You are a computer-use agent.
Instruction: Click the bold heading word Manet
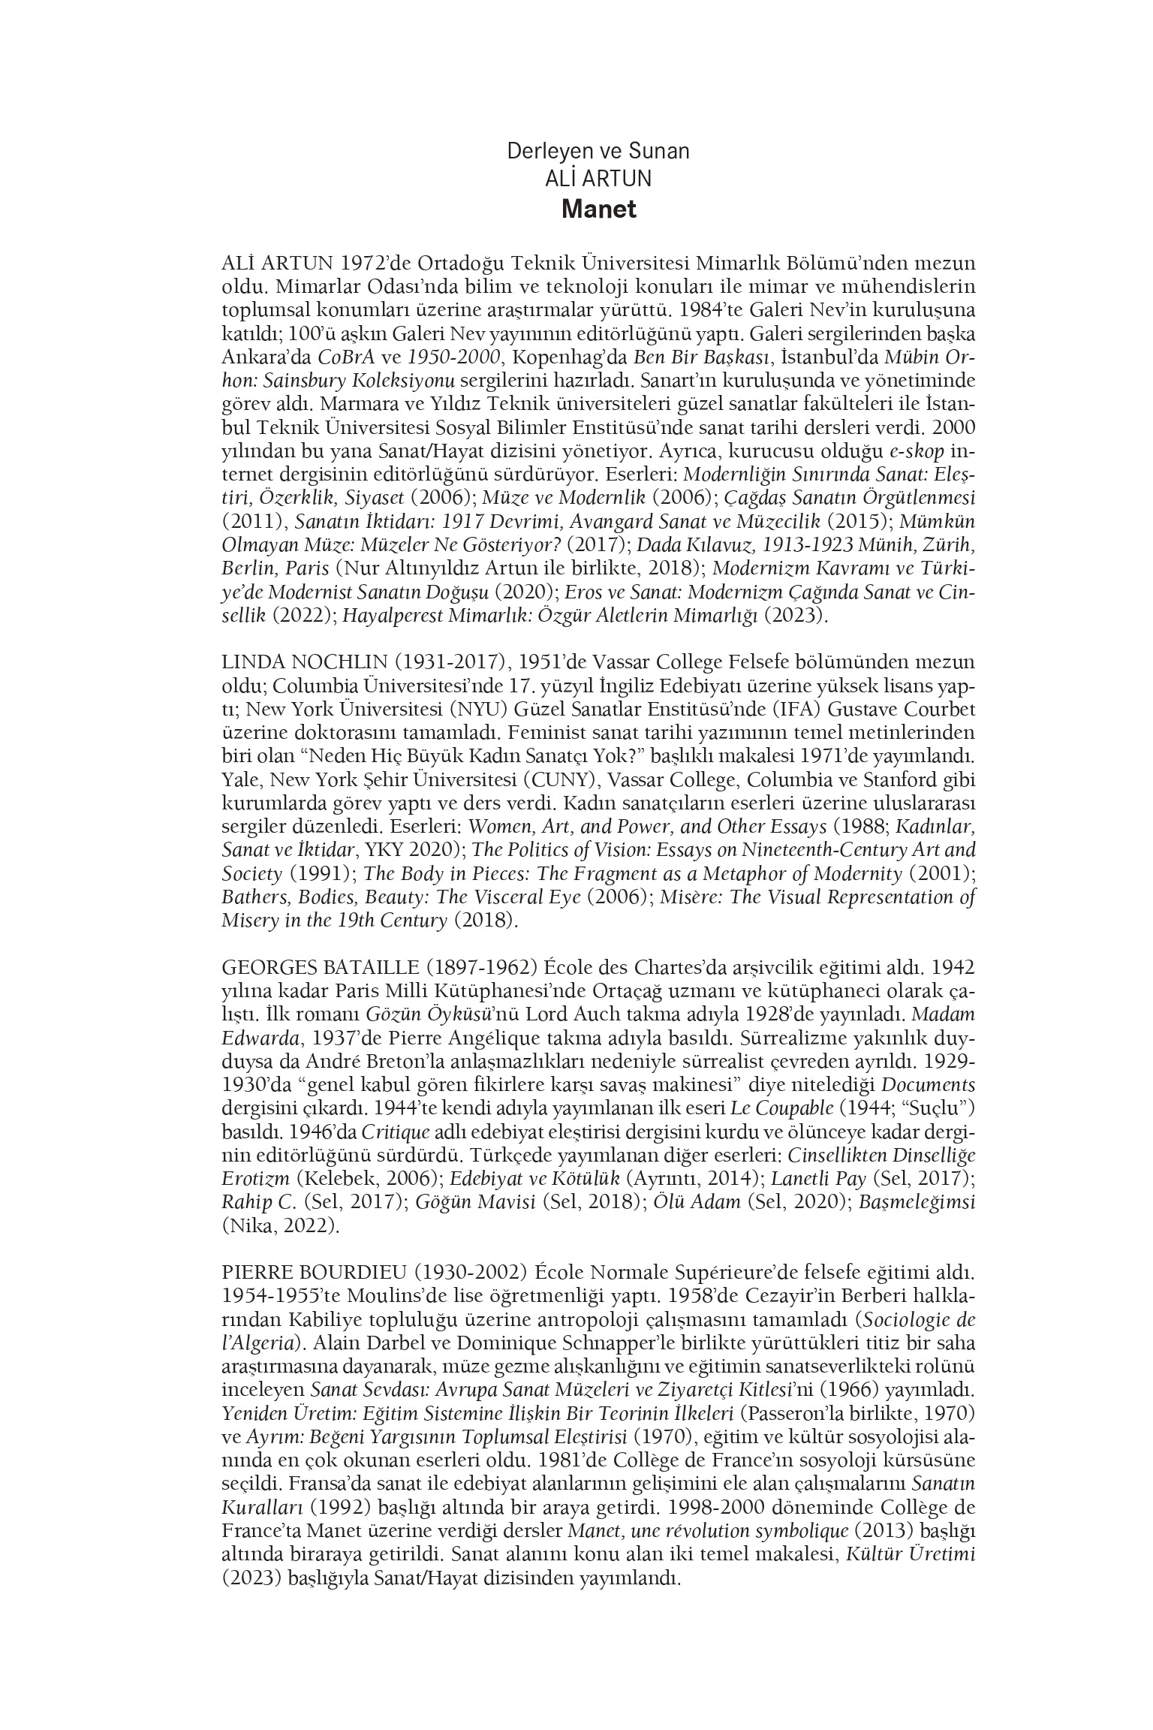point(598,209)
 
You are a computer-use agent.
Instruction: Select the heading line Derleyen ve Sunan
point(598,151)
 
